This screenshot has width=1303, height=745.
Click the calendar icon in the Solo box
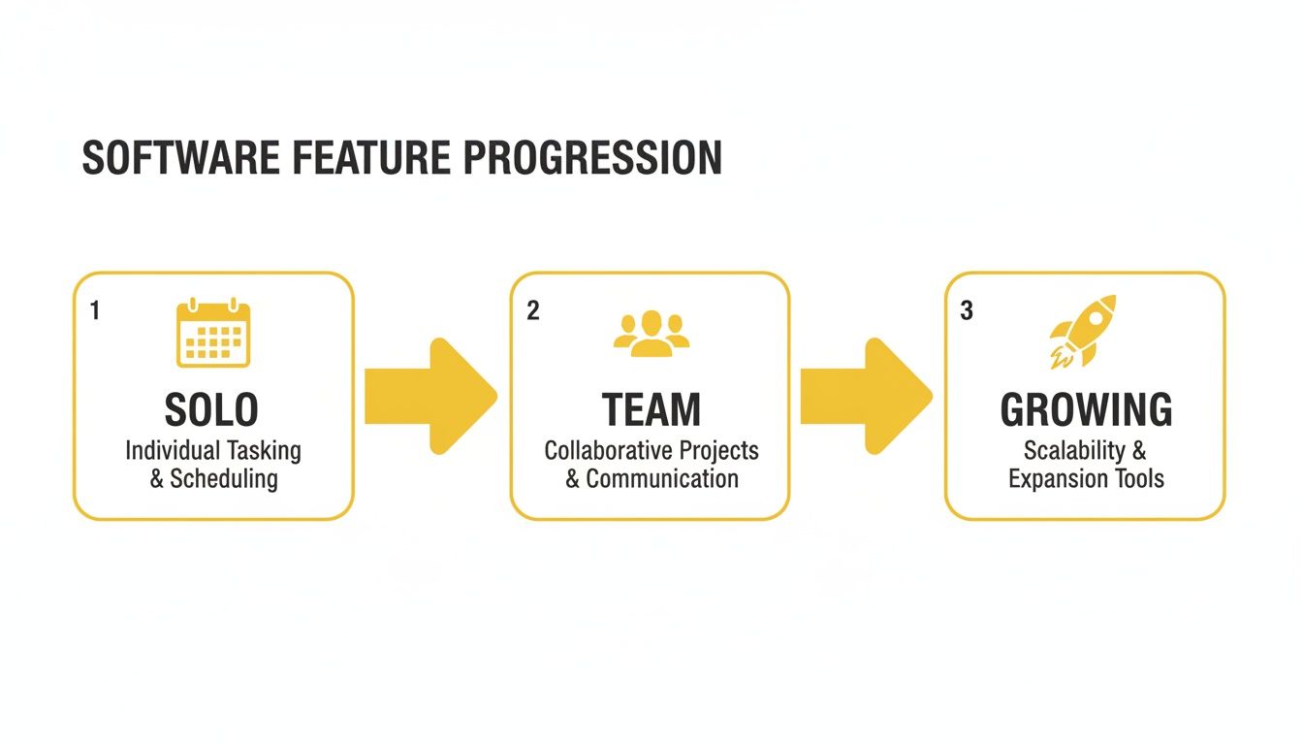coord(213,334)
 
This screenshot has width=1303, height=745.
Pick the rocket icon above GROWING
coord(1083,332)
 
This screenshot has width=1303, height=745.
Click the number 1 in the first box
coord(94,310)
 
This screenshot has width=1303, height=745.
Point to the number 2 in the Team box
coord(532,310)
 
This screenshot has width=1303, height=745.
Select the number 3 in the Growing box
coord(966,310)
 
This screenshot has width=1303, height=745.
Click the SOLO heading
coord(212,410)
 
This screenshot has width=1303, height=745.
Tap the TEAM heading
coord(651,410)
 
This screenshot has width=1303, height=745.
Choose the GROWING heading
coord(1086,410)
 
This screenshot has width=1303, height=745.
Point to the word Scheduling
coord(224,478)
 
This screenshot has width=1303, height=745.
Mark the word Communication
coord(662,478)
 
